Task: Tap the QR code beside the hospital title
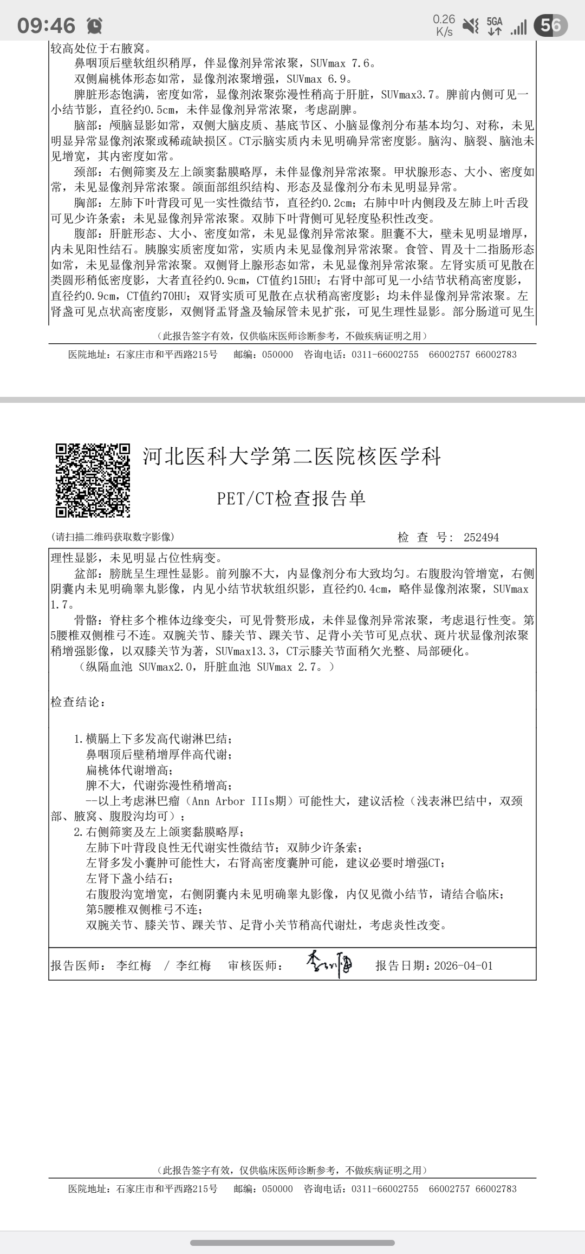93,480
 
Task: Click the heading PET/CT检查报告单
291,499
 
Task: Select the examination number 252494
481,538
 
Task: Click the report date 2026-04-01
464,966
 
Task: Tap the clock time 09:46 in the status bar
46,25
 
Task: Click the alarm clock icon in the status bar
94,25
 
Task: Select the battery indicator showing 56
550,25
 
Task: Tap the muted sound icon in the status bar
471,25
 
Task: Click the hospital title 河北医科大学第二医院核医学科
292,457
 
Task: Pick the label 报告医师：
79,966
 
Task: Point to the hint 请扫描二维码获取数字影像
112,537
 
